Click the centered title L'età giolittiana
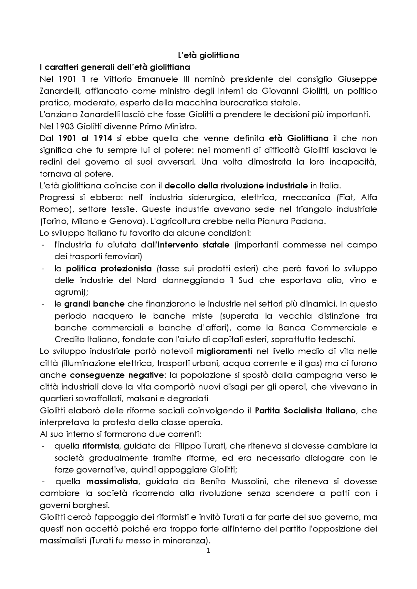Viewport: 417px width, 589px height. (208, 55)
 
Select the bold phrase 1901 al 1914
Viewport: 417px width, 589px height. (85, 138)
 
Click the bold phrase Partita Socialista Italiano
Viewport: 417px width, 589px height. (305, 410)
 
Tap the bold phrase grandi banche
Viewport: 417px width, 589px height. (94, 304)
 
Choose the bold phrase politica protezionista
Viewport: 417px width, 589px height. (109, 268)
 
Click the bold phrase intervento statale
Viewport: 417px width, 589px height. (194, 245)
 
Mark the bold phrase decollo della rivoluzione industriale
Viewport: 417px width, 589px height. (236, 186)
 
